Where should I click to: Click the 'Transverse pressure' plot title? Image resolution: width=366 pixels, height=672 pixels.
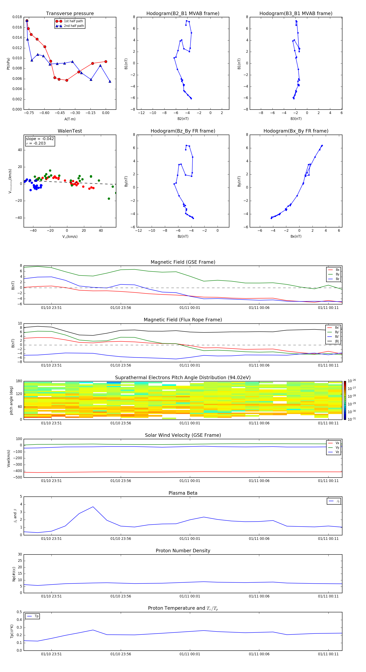pyautogui.click(x=70, y=14)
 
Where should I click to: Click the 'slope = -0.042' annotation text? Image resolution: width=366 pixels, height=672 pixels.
pyautogui.click(x=40, y=139)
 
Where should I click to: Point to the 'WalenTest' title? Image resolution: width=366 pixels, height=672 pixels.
pyautogui.click(x=70, y=131)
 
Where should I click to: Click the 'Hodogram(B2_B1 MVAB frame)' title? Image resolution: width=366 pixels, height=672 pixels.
pyautogui.click(x=183, y=14)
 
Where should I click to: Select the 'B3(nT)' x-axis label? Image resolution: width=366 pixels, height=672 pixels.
pyautogui.click(x=296, y=119)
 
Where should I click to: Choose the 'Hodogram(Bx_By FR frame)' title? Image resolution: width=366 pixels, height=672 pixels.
pyautogui.click(x=296, y=131)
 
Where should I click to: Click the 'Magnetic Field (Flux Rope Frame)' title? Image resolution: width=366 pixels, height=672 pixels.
pyautogui.click(x=183, y=320)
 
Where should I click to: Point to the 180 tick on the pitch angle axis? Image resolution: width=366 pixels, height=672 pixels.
pyautogui.click(x=19, y=381)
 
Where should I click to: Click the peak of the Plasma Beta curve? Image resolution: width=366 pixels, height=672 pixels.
pyautogui.click(x=93, y=507)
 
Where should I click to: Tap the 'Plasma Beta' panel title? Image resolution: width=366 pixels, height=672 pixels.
pyautogui.click(x=183, y=493)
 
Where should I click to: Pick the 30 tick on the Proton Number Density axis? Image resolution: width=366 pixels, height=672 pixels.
pyautogui.click(x=20, y=554)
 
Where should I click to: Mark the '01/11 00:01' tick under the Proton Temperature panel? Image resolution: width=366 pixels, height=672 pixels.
pyautogui.click(x=190, y=654)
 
